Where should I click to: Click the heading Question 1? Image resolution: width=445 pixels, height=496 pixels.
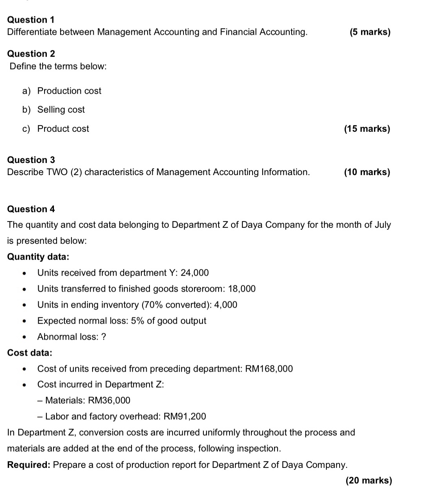coord(31,20)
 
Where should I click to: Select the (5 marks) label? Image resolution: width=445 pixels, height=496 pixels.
coord(370,32)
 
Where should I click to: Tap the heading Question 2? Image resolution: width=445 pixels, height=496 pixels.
coord(31,54)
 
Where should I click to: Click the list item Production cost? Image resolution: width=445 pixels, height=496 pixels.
coord(69,91)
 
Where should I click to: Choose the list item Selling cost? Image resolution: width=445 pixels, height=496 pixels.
coord(61,110)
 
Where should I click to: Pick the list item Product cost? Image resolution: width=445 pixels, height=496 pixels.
coord(63,129)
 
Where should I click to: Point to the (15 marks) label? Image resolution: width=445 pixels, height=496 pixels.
coord(367,129)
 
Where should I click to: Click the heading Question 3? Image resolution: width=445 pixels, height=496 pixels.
coord(31,160)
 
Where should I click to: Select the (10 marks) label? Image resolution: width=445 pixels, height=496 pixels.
coord(367,172)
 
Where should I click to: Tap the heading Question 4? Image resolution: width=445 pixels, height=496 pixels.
coord(31,209)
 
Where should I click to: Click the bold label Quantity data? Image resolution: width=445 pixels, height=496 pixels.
coord(38,257)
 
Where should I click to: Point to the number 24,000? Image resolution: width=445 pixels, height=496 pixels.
coord(195,273)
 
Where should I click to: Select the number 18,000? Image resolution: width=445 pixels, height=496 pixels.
coord(242,289)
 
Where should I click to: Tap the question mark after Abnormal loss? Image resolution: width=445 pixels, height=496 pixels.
coord(103,337)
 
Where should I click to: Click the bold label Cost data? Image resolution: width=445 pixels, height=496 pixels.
coord(30,353)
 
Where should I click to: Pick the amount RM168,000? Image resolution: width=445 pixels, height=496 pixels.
coord(269,369)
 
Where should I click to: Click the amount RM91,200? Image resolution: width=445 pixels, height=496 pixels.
coord(185,416)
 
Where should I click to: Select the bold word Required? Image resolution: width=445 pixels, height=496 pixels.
coord(28,465)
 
